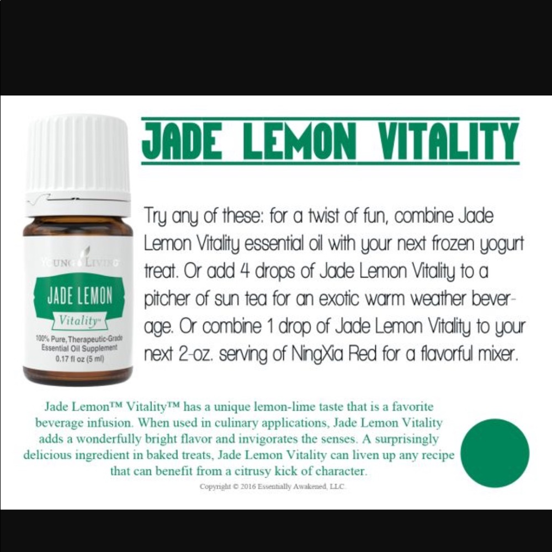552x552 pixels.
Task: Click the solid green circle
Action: pyautogui.click(x=495, y=453)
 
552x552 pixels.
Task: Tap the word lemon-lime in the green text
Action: pyautogui.click(x=306, y=407)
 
